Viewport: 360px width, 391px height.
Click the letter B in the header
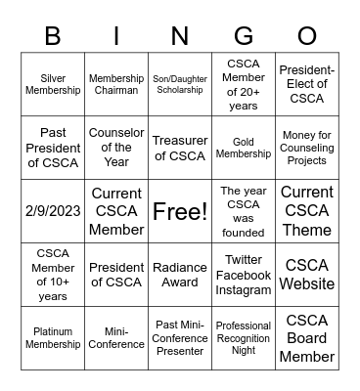(x=53, y=37)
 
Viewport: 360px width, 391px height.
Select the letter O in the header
(x=306, y=37)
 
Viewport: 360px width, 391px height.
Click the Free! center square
(x=179, y=211)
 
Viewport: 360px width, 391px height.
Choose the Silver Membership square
(x=53, y=84)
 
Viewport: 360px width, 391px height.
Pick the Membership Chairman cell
(x=116, y=84)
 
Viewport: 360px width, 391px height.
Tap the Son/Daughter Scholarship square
(x=179, y=84)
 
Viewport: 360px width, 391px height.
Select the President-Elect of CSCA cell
(x=307, y=84)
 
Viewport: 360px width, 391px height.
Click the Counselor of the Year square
(x=116, y=148)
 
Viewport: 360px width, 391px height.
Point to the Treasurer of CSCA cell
(x=179, y=148)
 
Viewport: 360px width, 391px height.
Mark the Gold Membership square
(x=243, y=148)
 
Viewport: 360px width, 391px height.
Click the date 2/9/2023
(x=53, y=211)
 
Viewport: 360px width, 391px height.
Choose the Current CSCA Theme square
(x=307, y=211)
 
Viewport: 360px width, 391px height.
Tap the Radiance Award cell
(x=179, y=275)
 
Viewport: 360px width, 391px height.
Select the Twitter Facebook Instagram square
(x=243, y=275)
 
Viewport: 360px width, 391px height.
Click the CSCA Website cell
(x=307, y=275)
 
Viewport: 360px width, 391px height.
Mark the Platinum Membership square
(x=53, y=338)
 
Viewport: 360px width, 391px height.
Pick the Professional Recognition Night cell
(x=243, y=338)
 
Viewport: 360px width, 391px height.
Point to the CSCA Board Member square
(x=307, y=338)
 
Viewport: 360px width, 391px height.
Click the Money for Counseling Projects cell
(x=307, y=148)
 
